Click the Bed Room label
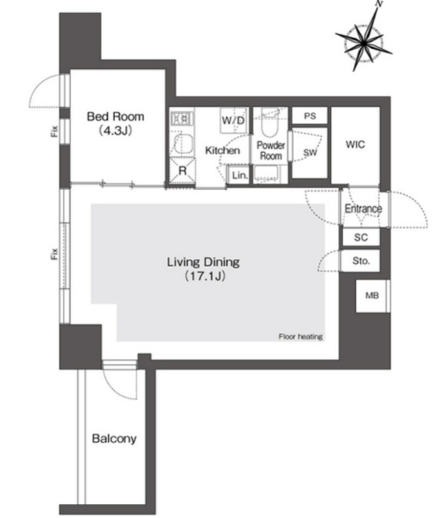pyautogui.click(x=116, y=117)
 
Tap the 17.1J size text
pyautogui.click(x=205, y=276)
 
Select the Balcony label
pyautogui.click(x=114, y=439)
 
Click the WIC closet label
pyautogui.click(x=355, y=144)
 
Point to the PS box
pyautogui.click(x=310, y=116)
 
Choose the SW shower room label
pyautogui.click(x=310, y=152)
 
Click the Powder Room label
pyautogui.click(x=271, y=150)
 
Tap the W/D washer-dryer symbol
pyautogui.click(x=234, y=120)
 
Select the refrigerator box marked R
pyautogui.click(x=182, y=170)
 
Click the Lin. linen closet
pyautogui.click(x=238, y=175)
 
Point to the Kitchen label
pyautogui.click(x=222, y=150)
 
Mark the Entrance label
pyautogui.click(x=363, y=209)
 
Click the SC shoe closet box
pyautogui.click(x=361, y=237)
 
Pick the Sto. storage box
pyautogui.click(x=361, y=261)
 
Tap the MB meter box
pyautogui.click(x=372, y=295)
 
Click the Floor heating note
pyautogui.click(x=300, y=337)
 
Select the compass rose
pyautogui.click(x=363, y=41)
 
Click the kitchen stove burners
pyautogui.click(x=181, y=118)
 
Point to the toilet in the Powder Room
pyautogui.click(x=269, y=123)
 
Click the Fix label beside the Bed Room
pyautogui.click(x=54, y=131)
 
